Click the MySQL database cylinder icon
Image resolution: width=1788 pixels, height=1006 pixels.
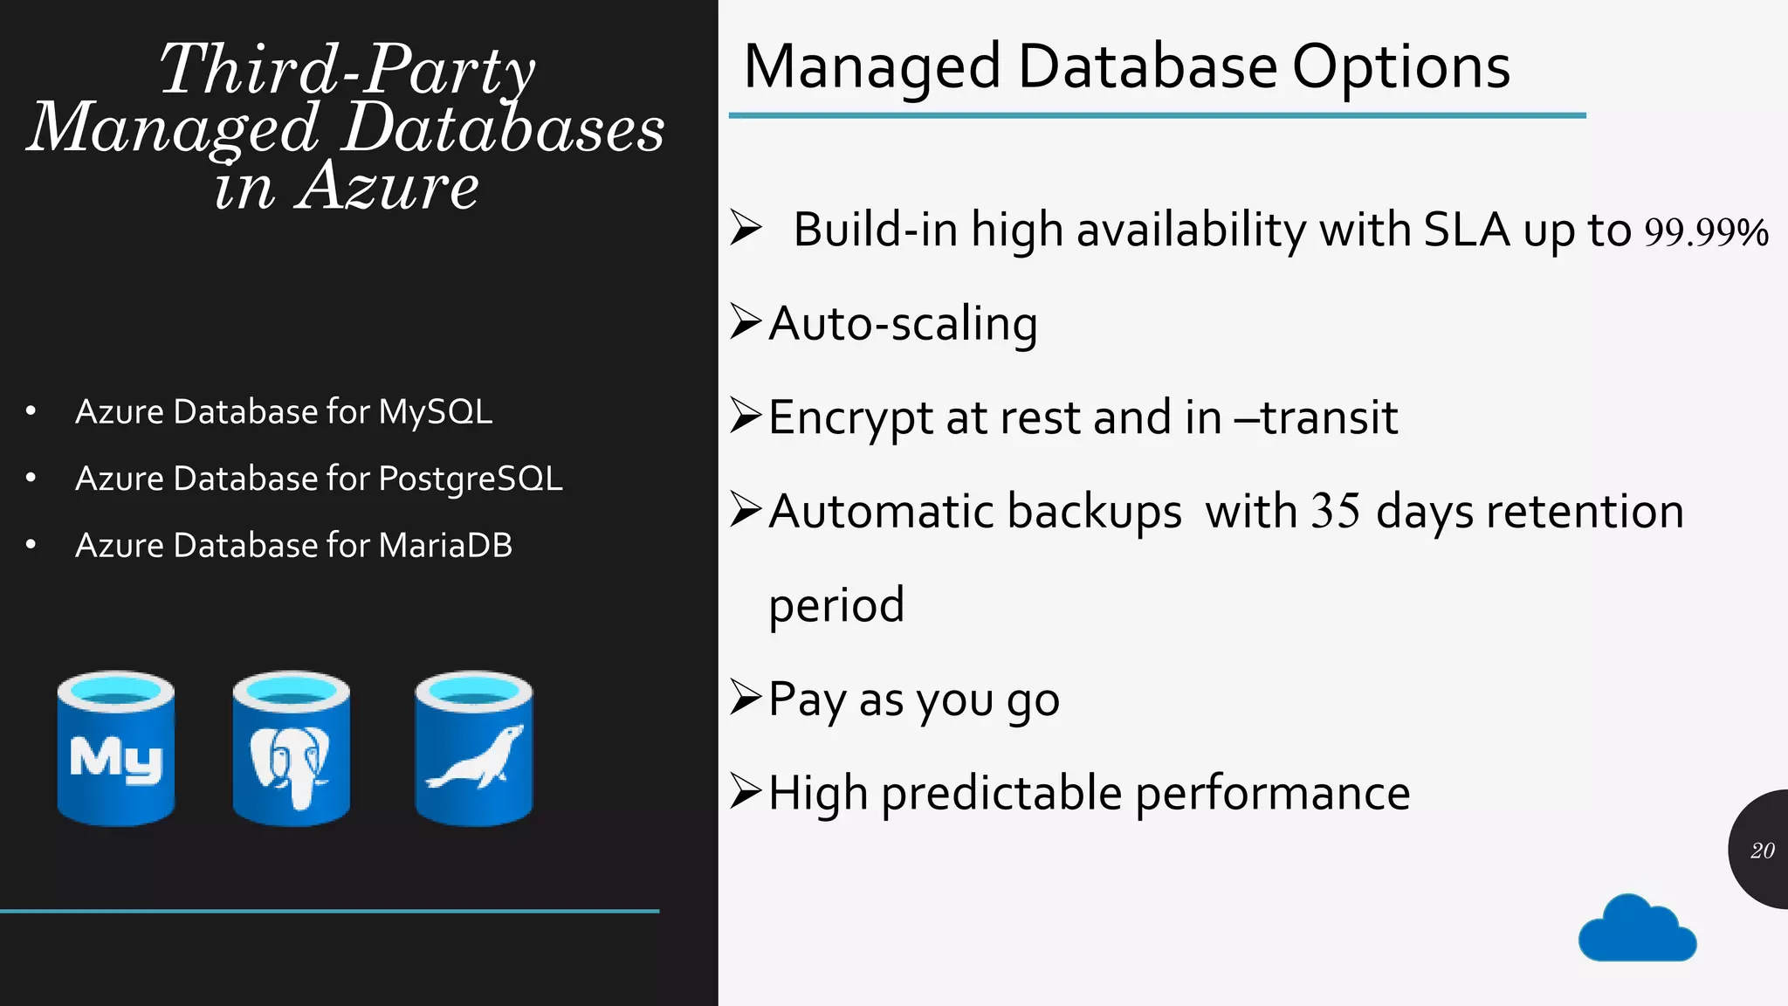point(116,748)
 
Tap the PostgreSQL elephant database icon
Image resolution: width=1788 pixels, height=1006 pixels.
point(292,748)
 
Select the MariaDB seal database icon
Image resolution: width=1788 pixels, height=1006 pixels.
point(474,748)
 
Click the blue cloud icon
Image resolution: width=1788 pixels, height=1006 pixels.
point(1637,929)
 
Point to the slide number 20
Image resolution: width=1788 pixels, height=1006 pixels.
point(1762,851)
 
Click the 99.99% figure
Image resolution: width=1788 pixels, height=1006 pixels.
point(1706,232)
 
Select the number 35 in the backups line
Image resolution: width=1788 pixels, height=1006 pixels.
point(1336,511)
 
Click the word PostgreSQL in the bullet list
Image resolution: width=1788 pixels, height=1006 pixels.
point(471,479)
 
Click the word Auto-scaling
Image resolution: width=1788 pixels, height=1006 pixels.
point(903,324)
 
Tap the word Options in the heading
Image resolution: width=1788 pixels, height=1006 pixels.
point(1400,67)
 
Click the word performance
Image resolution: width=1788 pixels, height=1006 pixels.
point(1272,794)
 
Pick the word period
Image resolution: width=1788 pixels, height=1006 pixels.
point(836,605)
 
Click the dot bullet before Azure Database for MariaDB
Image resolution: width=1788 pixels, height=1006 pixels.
point(31,545)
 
